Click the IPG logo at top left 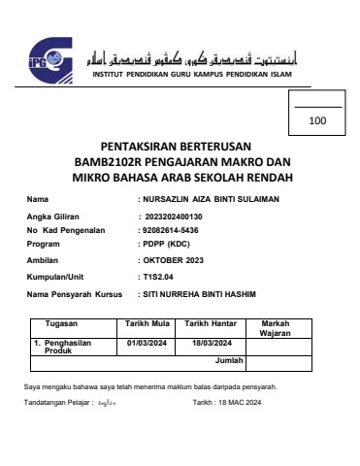coord(47,57)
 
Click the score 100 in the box coord(317,121)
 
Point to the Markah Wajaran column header coord(277,328)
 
